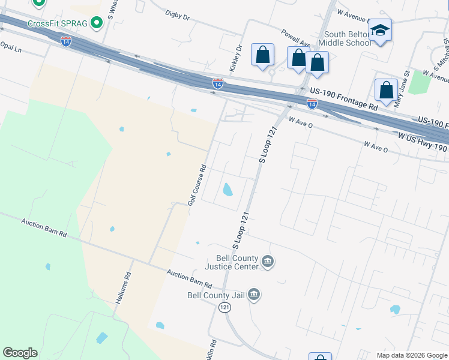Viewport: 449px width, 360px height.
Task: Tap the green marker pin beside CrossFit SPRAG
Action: tap(96, 23)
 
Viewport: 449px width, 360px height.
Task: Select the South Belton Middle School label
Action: tap(345, 38)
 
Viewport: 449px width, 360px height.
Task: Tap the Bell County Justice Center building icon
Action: tap(268, 262)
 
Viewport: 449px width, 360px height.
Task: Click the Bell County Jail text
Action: tap(215, 295)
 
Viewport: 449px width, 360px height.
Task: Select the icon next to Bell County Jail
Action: tap(253, 294)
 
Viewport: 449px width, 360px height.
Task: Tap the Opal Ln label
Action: tap(10, 46)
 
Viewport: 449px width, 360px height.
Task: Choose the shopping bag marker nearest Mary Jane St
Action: tap(386, 90)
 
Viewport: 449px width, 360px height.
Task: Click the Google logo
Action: tap(20, 353)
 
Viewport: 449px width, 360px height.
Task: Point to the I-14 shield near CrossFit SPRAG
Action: tap(66, 41)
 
